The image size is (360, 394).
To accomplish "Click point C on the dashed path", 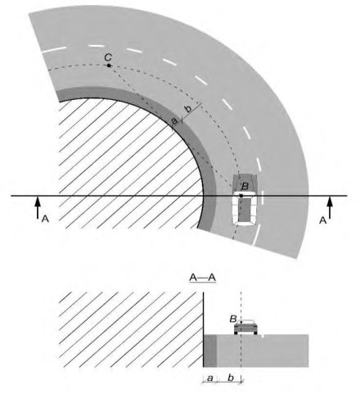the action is click(x=109, y=66).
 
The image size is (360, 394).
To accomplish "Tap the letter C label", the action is click(x=108, y=57).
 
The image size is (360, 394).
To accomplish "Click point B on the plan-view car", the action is click(x=241, y=196).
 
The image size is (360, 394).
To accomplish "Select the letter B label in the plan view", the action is click(x=245, y=187).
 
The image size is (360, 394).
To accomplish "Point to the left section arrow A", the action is click(x=38, y=207).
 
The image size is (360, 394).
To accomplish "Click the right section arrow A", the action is click(x=330, y=207).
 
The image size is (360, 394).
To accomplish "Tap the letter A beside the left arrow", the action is click(x=45, y=219).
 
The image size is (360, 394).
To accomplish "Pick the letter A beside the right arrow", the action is click(x=322, y=220).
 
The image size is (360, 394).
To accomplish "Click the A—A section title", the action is click(x=203, y=278).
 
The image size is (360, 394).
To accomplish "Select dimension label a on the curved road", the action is click(x=174, y=120).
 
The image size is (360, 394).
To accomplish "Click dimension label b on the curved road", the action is click(x=188, y=109).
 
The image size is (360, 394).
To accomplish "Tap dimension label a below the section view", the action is click(x=210, y=378).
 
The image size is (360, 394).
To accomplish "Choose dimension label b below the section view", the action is click(x=231, y=378).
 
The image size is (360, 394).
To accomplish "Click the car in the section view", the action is click(x=245, y=327).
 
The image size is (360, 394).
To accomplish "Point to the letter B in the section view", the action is click(x=233, y=319).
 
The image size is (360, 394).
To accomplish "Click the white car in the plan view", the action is click(x=245, y=208).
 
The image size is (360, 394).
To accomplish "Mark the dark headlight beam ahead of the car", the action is click(x=245, y=183).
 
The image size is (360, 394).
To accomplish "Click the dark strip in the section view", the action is click(x=210, y=351).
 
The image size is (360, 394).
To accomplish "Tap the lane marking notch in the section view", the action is click(x=263, y=336).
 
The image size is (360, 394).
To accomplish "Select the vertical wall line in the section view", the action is click(x=204, y=329).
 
